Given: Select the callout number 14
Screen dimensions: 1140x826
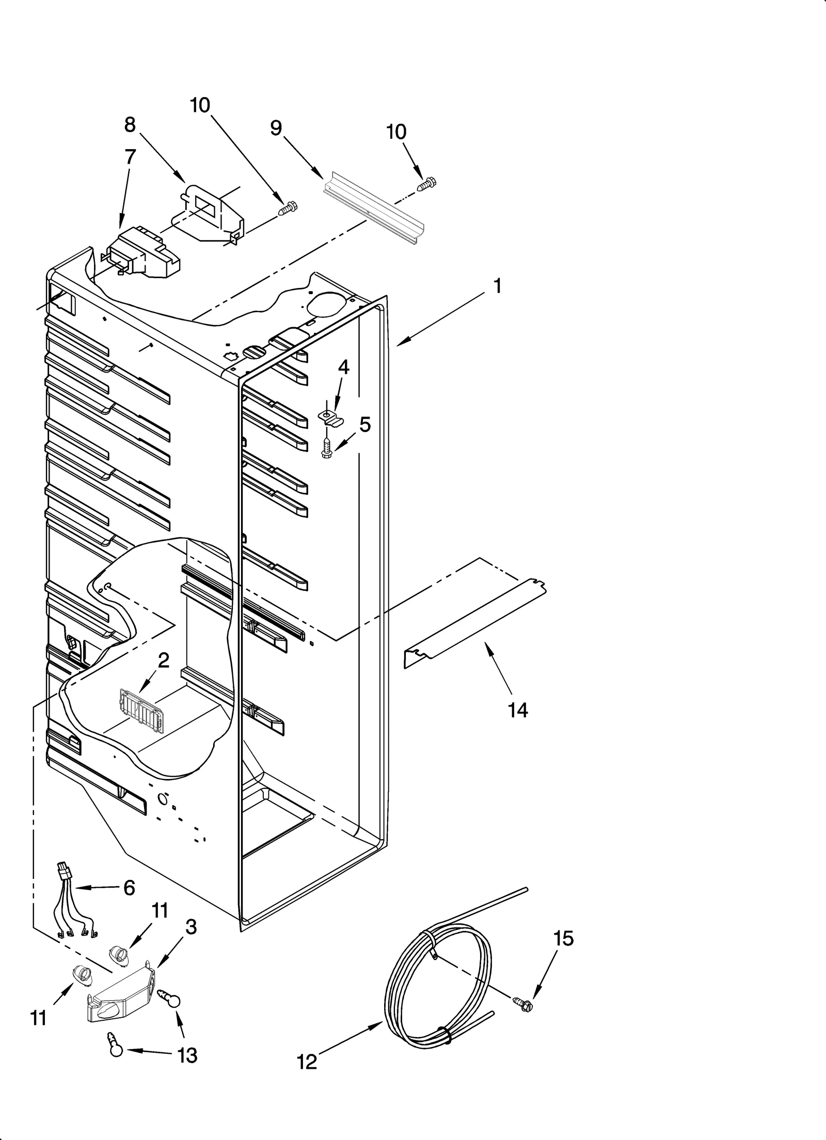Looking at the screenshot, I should pyautogui.click(x=518, y=711).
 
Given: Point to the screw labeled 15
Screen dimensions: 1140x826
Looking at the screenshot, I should pyautogui.click(x=522, y=1003).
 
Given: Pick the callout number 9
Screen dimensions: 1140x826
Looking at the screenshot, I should pyautogui.click(x=276, y=128).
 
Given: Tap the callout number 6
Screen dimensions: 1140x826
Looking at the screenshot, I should pyautogui.click(x=129, y=888).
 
